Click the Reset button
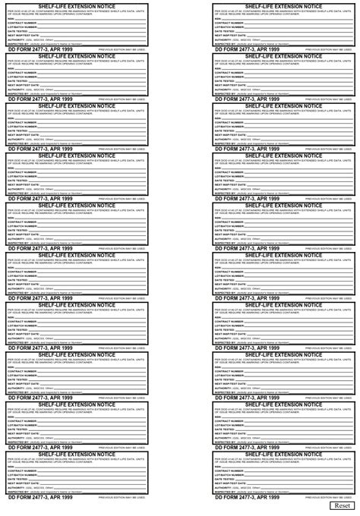[x=342, y=505]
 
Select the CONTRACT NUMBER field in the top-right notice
[x=296, y=23]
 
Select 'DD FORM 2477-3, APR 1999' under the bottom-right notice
[x=247, y=496]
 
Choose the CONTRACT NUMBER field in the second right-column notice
[x=296, y=72]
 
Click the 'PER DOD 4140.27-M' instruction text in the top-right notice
[x=282, y=12]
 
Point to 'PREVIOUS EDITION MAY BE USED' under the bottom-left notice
[x=122, y=497]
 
